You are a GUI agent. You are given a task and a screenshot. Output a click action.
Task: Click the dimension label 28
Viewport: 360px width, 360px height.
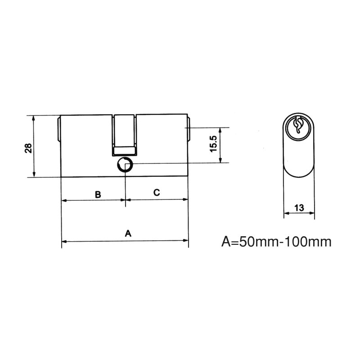28,148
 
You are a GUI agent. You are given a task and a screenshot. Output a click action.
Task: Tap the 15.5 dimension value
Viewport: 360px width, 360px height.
213,144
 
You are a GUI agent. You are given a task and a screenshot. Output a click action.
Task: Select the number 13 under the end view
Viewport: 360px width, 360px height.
299,208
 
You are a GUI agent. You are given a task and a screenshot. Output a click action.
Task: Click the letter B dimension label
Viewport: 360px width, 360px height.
98,194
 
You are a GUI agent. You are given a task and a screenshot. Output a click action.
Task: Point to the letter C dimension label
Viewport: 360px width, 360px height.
157,193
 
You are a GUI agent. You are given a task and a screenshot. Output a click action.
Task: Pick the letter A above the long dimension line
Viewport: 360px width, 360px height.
128,233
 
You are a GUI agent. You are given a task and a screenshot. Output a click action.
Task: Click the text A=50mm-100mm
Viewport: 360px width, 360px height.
276,242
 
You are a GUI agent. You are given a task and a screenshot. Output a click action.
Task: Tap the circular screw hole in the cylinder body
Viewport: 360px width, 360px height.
125,165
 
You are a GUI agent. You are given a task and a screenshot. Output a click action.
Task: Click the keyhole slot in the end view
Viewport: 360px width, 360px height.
298,125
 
